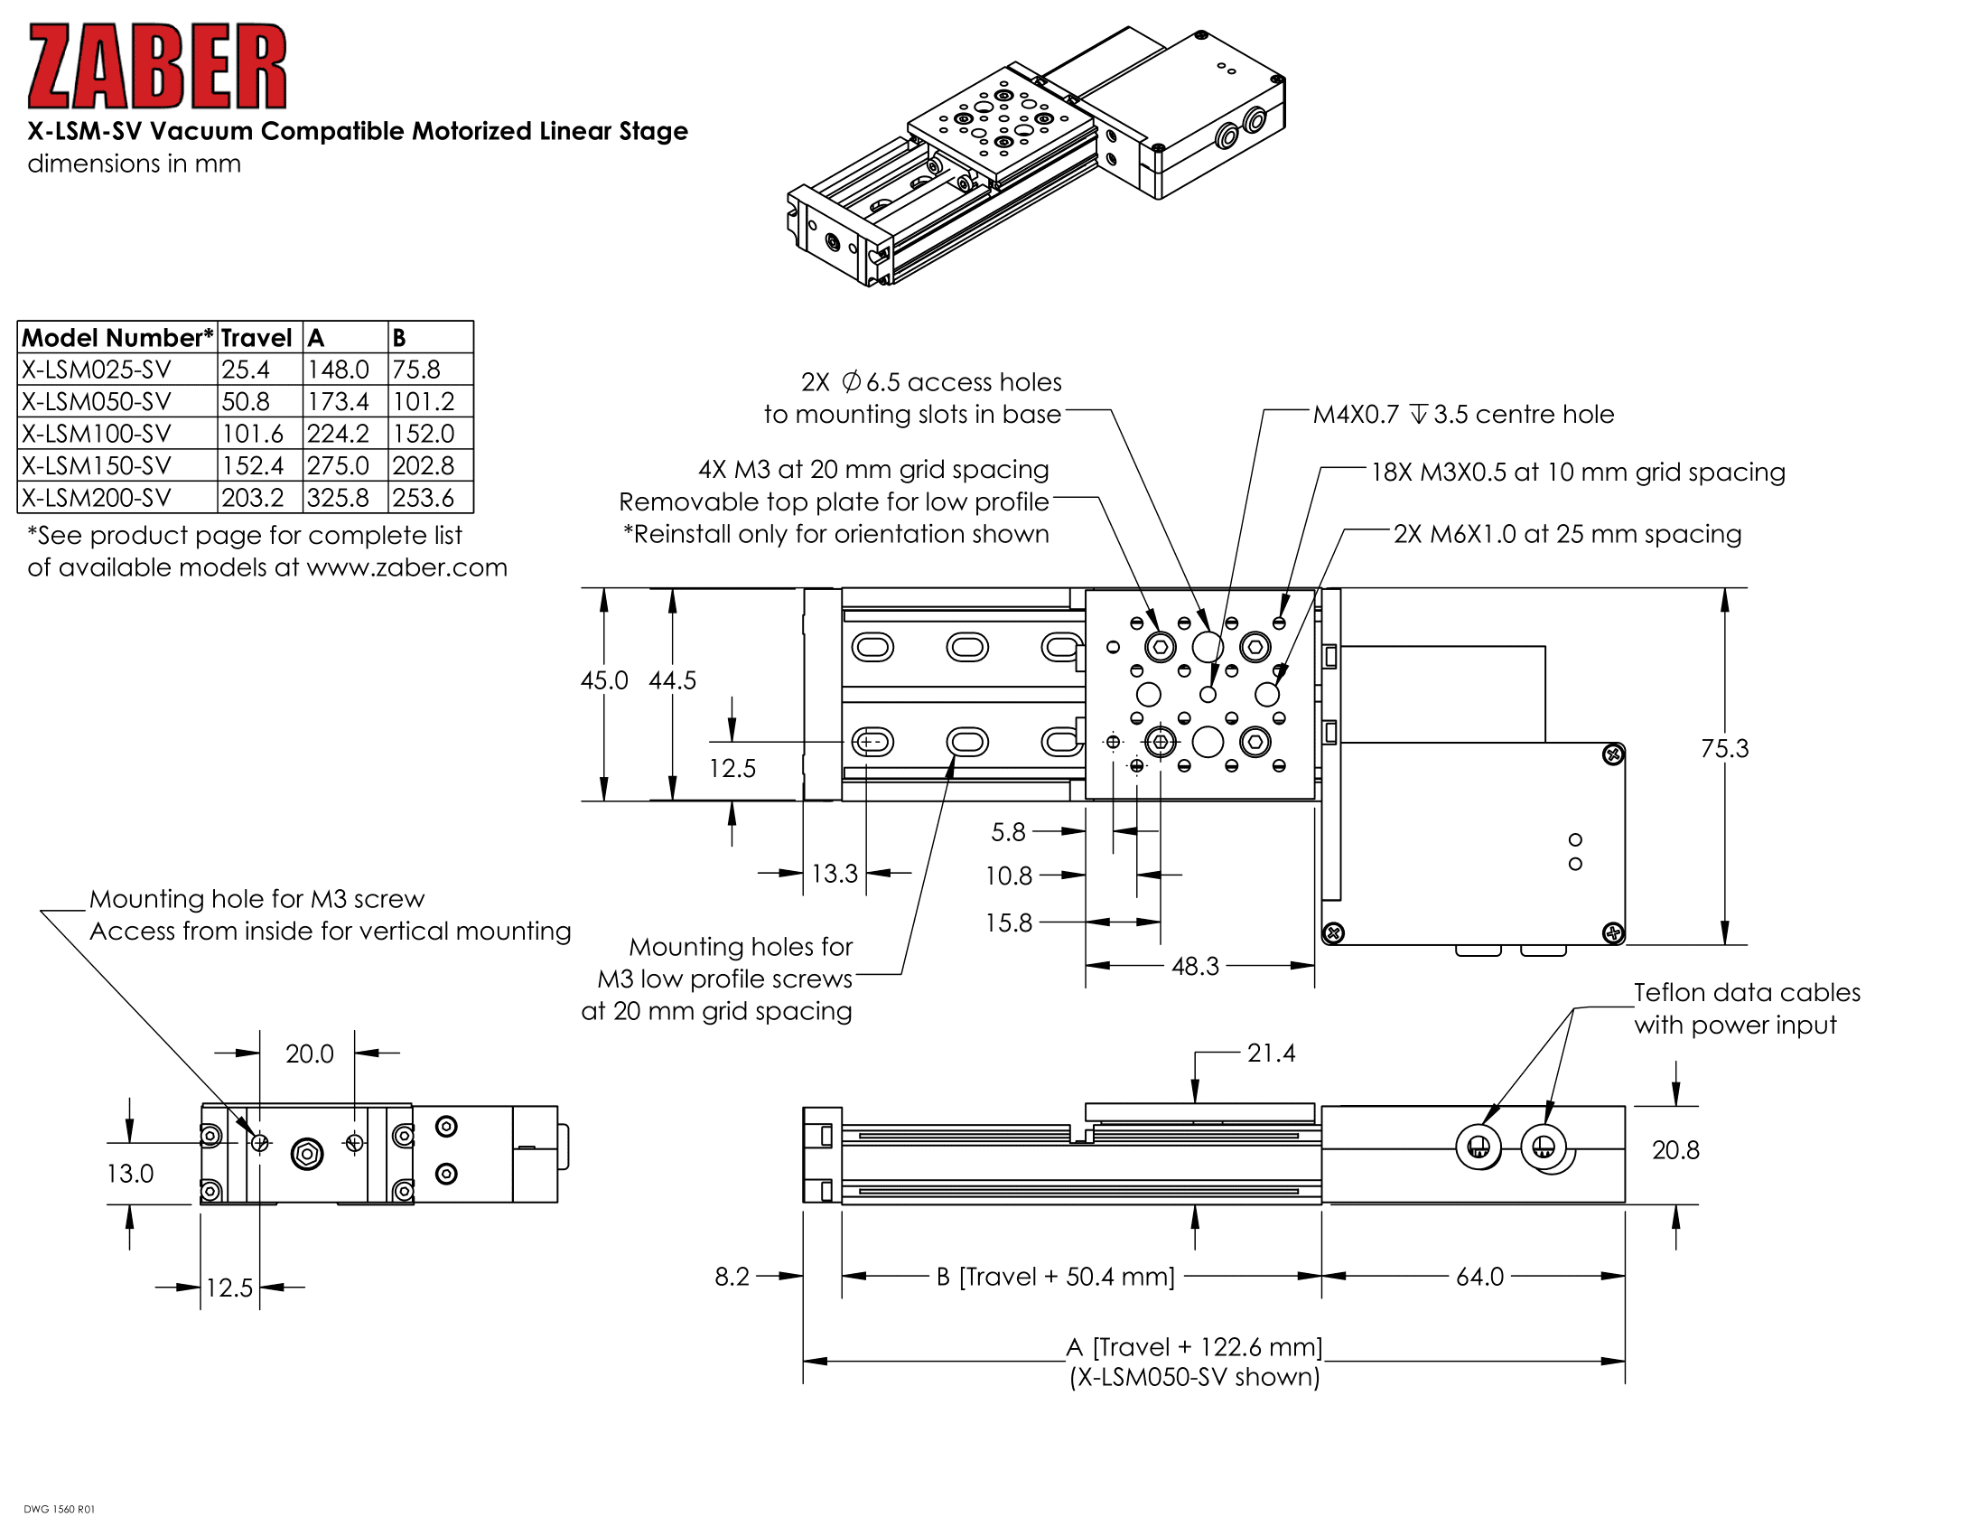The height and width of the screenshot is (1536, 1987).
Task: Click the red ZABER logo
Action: pos(156,67)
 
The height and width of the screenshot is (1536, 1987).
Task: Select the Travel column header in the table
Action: pos(256,338)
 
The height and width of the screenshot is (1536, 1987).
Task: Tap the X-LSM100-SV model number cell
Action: pos(97,433)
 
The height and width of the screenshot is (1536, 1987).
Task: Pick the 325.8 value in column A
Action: pos(338,498)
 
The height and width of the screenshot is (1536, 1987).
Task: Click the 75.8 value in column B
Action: pos(416,370)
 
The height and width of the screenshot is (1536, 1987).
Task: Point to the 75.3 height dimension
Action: pos(1724,748)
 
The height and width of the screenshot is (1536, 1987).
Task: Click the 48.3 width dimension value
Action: pos(1195,966)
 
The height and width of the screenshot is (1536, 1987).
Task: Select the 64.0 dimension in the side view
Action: pos(1479,1277)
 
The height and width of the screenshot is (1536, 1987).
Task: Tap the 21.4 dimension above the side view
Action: pos(1271,1053)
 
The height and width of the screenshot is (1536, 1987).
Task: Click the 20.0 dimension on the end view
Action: pos(309,1054)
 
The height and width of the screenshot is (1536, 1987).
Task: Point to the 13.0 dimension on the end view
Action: pos(130,1174)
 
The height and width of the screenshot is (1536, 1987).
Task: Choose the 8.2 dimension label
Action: pos(732,1277)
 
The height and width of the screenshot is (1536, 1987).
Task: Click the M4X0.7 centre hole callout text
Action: pos(1463,414)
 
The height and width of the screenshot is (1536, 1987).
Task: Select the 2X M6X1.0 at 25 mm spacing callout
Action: pos(1567,534)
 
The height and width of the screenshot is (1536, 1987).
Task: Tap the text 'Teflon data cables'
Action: pos(1747,993)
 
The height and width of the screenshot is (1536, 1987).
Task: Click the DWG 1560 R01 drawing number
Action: pos(59,1510)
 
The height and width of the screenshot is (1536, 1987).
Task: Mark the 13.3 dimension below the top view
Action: pos(835,874)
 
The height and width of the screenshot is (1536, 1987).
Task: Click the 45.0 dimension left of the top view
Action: pos(604,680)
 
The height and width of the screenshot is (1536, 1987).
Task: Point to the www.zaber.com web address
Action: pos(406,567)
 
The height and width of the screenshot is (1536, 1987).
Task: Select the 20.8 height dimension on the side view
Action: pos(1674,1150)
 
